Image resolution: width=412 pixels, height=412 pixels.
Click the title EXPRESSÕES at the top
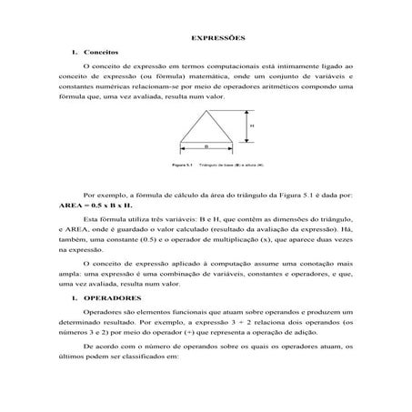click(x=206, y=37)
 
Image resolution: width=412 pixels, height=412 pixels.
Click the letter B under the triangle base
click(x=207, y=146)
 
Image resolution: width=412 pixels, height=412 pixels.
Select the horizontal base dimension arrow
click(x=207, y=149)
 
